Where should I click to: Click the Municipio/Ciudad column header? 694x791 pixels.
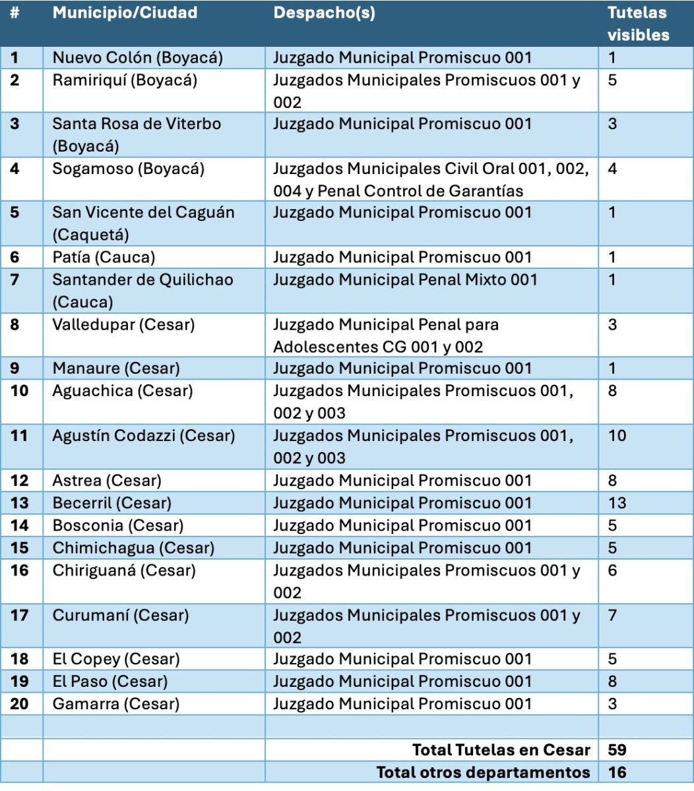point(125,13)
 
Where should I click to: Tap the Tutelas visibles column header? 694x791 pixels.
point(637,24)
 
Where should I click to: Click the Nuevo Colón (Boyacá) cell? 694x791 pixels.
point(137,57)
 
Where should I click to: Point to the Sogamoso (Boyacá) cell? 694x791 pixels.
point(128,168)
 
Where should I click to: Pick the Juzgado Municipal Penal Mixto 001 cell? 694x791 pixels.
point(405,279)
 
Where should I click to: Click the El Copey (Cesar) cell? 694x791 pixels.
point(117,659)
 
